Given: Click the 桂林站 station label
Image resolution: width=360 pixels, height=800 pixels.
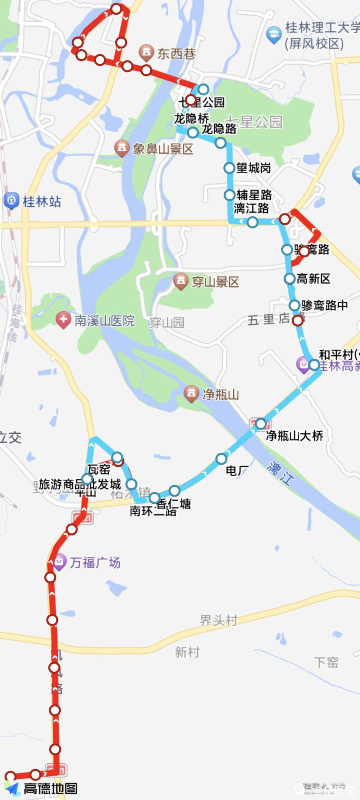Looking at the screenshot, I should point(42,201).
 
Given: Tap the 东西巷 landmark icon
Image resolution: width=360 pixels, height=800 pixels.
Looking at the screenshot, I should point(146,53).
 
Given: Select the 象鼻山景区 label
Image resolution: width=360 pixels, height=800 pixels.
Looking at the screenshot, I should point(163,149).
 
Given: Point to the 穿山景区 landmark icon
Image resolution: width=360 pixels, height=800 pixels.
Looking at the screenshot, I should point(181,281).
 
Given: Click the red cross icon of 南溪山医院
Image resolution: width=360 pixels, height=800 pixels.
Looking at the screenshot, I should point(63,320).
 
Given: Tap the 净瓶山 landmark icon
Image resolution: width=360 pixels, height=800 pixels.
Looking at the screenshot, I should point(191,394).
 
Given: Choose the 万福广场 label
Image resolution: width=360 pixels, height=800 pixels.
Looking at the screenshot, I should point(95,563).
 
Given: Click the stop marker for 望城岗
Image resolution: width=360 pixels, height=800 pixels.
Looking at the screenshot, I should point(229,168).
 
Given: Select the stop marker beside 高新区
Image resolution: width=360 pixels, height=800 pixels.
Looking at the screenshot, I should point(289,279).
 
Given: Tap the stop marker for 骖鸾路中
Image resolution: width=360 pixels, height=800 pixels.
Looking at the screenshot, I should point(295,305).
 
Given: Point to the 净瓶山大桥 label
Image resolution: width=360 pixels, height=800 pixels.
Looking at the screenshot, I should point(294,435).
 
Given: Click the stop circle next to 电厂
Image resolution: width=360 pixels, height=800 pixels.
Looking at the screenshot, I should point(221,458).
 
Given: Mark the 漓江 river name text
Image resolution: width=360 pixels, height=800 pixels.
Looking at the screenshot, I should point(280,473).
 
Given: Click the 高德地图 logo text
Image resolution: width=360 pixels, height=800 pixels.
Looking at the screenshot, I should point(51,789).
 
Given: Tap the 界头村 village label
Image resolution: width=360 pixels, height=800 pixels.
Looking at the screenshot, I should point(219,620).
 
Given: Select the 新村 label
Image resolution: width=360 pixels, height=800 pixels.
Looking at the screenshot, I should point(187,652).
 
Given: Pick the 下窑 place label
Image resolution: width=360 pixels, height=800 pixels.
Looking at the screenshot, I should point(326,662).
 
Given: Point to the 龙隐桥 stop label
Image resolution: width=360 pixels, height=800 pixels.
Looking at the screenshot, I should point(191,119).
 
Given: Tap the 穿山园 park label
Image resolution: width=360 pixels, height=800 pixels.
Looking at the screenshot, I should point(167,323).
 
